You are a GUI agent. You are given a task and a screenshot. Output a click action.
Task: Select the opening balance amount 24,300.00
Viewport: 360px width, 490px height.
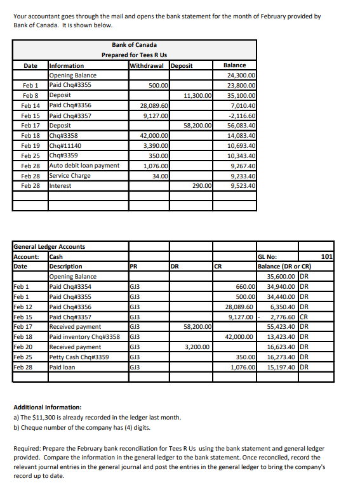click(x=241, y=75)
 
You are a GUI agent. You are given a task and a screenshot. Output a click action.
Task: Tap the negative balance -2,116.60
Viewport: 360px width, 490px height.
click(x=243, y=116)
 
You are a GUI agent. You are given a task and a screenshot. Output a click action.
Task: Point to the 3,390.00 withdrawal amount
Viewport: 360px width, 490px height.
click(x=156, y=145)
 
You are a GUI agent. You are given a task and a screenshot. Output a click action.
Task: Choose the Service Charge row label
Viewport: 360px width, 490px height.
click(x=70, y=176)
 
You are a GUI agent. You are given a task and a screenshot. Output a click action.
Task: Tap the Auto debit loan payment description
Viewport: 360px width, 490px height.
click(x=84, y=166)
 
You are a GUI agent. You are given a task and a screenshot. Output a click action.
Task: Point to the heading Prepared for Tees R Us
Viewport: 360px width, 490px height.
click(x=134, y=55)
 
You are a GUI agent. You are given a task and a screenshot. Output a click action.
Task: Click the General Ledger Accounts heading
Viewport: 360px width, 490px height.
click(x=49, y=247)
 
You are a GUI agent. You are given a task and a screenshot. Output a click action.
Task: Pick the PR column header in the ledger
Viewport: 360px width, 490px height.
click(x=133, y=267)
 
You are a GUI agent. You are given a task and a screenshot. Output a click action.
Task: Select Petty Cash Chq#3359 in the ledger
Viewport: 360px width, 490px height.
click(x=79, y=357)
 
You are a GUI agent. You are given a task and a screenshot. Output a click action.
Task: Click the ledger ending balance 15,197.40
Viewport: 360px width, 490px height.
click(x=281, y=367)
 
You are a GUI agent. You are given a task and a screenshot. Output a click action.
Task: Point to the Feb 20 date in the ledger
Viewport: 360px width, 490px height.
click(x=22, y=347)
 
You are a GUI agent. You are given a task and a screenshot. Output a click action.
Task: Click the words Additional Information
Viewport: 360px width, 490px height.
click(x=47, y=407)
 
